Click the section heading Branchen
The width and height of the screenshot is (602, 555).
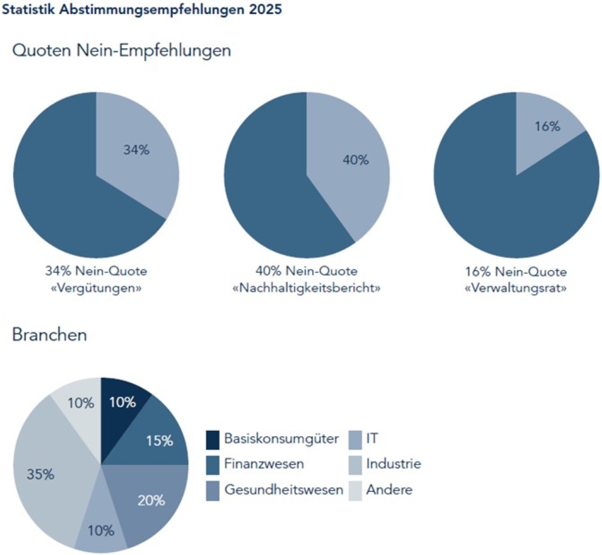[49, 335]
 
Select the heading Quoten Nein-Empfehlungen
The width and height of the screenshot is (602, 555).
[122, 51]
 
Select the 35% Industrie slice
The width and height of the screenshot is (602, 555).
[44, 474]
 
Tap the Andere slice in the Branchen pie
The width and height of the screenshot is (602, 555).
[80, 403]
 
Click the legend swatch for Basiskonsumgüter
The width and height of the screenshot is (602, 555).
[213, 439]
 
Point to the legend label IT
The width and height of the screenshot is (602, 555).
[372, 438]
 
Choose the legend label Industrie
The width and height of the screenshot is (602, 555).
[393, 464]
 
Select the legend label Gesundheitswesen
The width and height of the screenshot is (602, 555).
[283, 490]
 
